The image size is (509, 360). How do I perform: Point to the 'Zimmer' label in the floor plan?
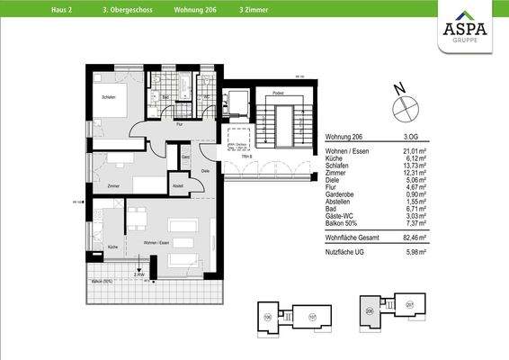pyautogui.click(x=114, y=185)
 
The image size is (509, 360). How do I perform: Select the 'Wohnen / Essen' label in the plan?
pyautogui.click(x=157, y=243)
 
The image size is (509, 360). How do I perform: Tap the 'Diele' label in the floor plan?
pyautogui.click(x=205, y=171)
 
